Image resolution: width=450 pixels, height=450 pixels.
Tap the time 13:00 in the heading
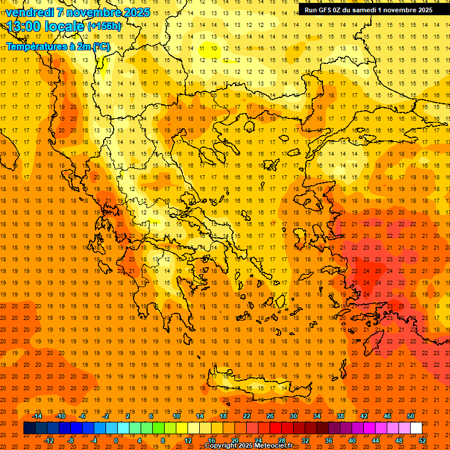tap(23, 26)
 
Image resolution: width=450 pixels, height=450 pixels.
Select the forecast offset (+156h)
tap(104, 26)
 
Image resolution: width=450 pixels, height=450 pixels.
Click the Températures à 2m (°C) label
tap(57, 46)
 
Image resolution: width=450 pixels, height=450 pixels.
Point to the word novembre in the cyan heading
tap(88, 12)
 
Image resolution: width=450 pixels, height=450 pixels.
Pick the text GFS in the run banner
tap(327, 9)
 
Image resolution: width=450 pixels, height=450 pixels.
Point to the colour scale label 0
tap(116, 441)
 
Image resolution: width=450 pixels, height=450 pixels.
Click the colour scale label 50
tap(410, 416)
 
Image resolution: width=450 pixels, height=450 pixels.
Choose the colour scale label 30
tap(293, 416)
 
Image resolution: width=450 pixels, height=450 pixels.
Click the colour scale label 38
tap(340, 416)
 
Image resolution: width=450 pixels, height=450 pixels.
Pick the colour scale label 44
tap(376, 441)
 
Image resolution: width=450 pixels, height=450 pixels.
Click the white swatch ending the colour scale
tap(416, 428)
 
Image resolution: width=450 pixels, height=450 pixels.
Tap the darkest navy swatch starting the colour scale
tap(30, 428)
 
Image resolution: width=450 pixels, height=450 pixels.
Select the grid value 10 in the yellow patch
tap(215, 48)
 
